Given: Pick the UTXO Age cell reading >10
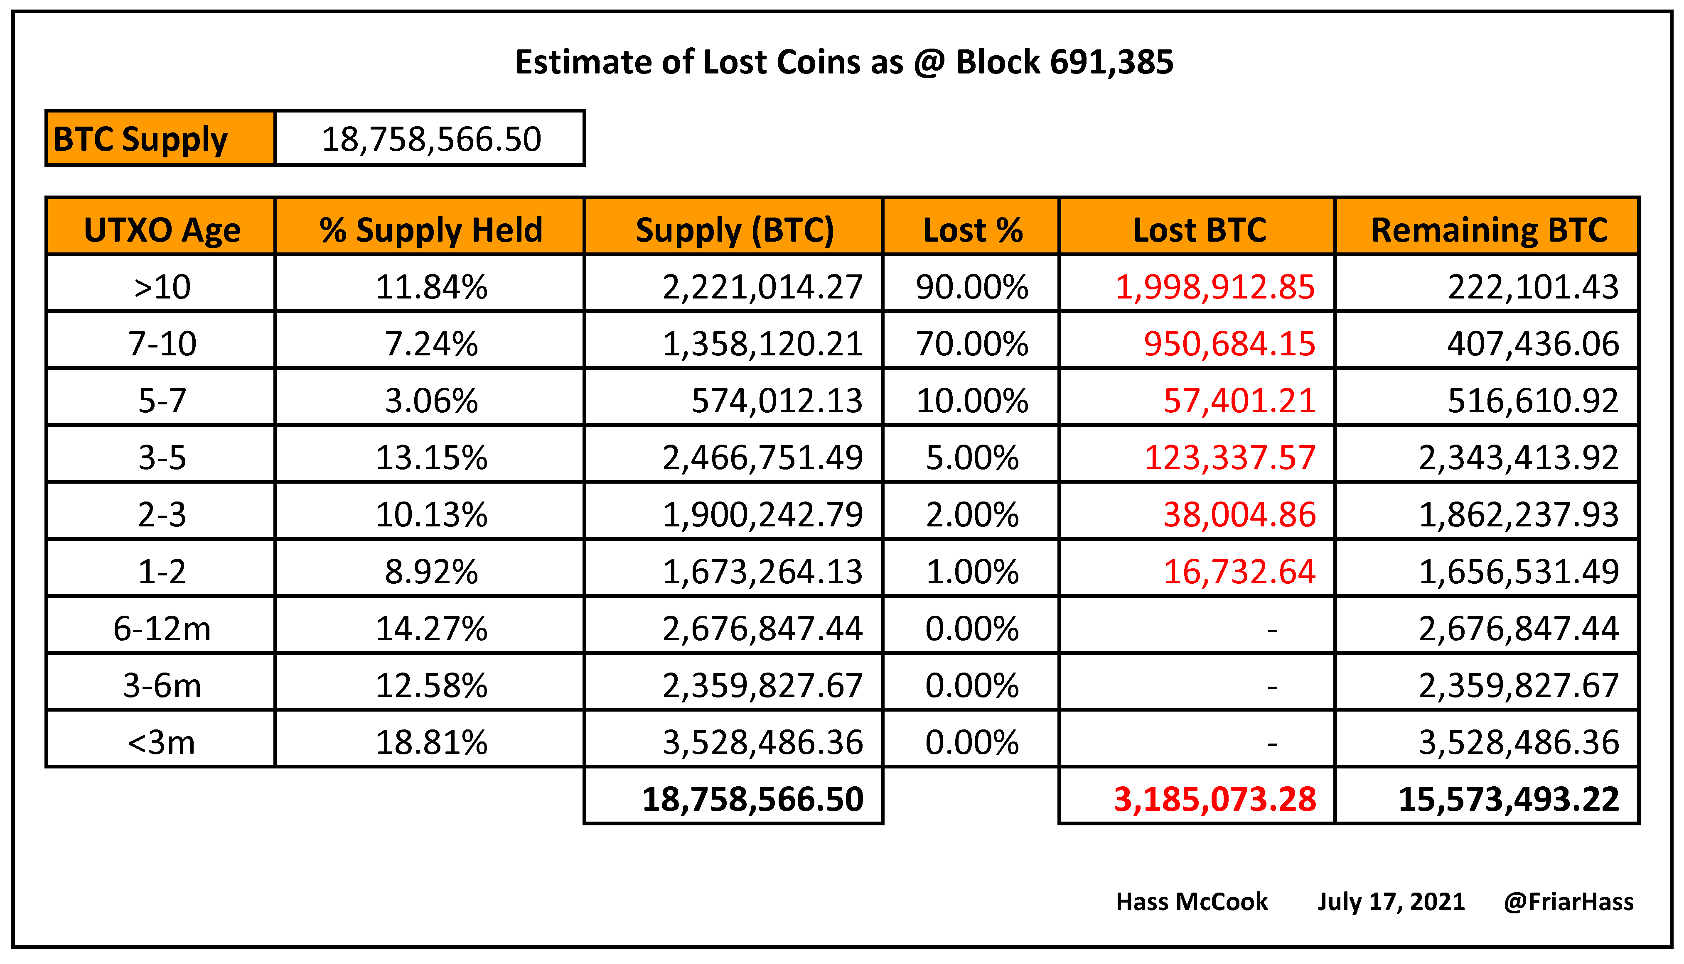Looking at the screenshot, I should [162, 287].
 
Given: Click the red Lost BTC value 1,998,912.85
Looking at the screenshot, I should [1214, 287].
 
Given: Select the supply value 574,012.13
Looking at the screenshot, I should [777, 401].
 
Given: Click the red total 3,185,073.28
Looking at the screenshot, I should [1214, 800].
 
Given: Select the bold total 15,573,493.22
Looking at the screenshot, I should [1508, 800].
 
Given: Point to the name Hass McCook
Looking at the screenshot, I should [1191, 902].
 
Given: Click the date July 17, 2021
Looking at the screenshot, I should [1391, 902].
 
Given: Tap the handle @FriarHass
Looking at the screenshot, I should [1568, 902].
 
